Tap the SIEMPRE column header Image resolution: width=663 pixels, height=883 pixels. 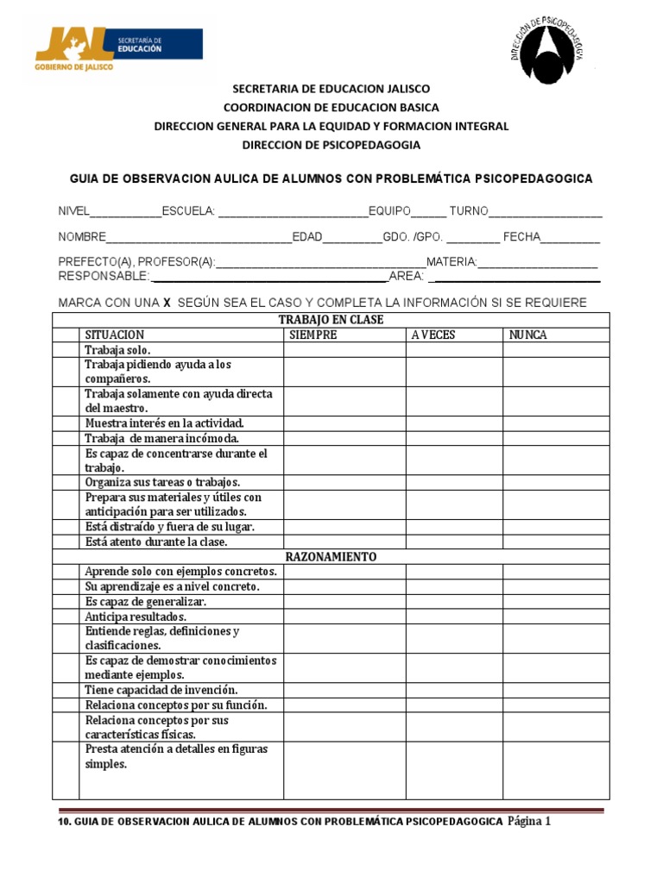pyautogui.click(x=313, y=335)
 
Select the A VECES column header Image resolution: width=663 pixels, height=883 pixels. pyautogui.click(x=433, y=335)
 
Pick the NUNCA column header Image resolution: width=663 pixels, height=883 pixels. pyautogui.click(x=527, y=335)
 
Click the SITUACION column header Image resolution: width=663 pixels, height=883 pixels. pyautogui.click(x=115, y=335)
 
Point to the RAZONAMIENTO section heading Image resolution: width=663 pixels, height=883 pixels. pyautogui.click(x=331, y=557)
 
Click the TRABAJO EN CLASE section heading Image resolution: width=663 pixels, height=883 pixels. pyautogui.click(x=331, y=320)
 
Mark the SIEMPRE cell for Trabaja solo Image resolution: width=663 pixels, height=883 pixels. pyautogui.click(x=344, y=350)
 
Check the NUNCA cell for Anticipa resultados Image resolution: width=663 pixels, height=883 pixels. pyautogui.click(x=556, y=617)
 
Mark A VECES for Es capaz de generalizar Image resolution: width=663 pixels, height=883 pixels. pyautogui.click(x=454, y=602)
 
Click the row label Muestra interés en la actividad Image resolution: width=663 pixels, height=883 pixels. pyautogui.click(x=165, y=423)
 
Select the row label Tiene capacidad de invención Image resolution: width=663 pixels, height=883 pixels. pyautogui.click(x=161, y=690)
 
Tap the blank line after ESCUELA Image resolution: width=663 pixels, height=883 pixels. pyautogui.click(x=293, y=212)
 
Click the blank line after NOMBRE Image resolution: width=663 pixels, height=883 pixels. pyautogui.click(x=199, y=238)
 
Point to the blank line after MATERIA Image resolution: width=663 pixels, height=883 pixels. pyautogui.click(x=537, y=263)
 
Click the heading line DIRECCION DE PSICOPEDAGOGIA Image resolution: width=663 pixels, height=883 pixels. pyautogui.click(x=331, y=145)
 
